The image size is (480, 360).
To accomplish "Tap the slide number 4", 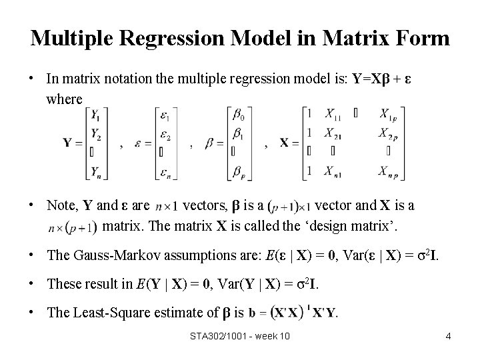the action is pos(449,336).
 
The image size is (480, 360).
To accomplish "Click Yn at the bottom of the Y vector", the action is pos(96,171).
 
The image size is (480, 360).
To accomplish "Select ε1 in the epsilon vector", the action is pos(166,115).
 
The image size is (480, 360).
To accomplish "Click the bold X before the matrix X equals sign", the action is pos(285,143).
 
